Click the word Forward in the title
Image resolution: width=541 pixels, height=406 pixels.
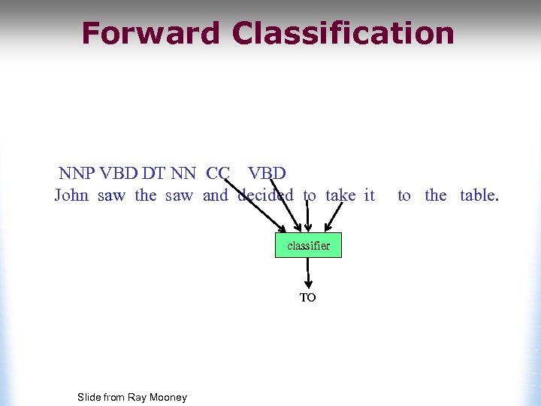(150, 34)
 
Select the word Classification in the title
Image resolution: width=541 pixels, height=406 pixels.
(343, 34)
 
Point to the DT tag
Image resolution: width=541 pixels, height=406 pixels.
(153, 173)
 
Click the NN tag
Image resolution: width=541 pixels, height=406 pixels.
(183, 173)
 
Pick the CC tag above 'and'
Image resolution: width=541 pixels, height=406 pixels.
(218, 173)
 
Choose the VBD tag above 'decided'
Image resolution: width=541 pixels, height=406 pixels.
(267, 173)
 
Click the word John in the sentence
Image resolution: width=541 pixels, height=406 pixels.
(71, 195)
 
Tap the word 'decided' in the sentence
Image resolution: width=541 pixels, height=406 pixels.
(265, 195)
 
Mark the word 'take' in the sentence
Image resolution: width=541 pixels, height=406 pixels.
(340, 195)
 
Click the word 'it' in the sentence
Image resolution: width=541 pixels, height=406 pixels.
(369, 195)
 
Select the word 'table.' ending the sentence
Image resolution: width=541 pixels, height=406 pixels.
(479, 195)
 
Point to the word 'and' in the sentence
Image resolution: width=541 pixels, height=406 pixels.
(215, 195)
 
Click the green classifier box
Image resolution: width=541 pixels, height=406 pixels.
(308, 245)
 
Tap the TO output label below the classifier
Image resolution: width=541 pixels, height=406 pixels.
(308, 298)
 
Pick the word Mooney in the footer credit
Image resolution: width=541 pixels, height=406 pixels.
(168, 397)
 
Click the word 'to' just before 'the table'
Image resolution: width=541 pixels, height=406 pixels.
(404, 195)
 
